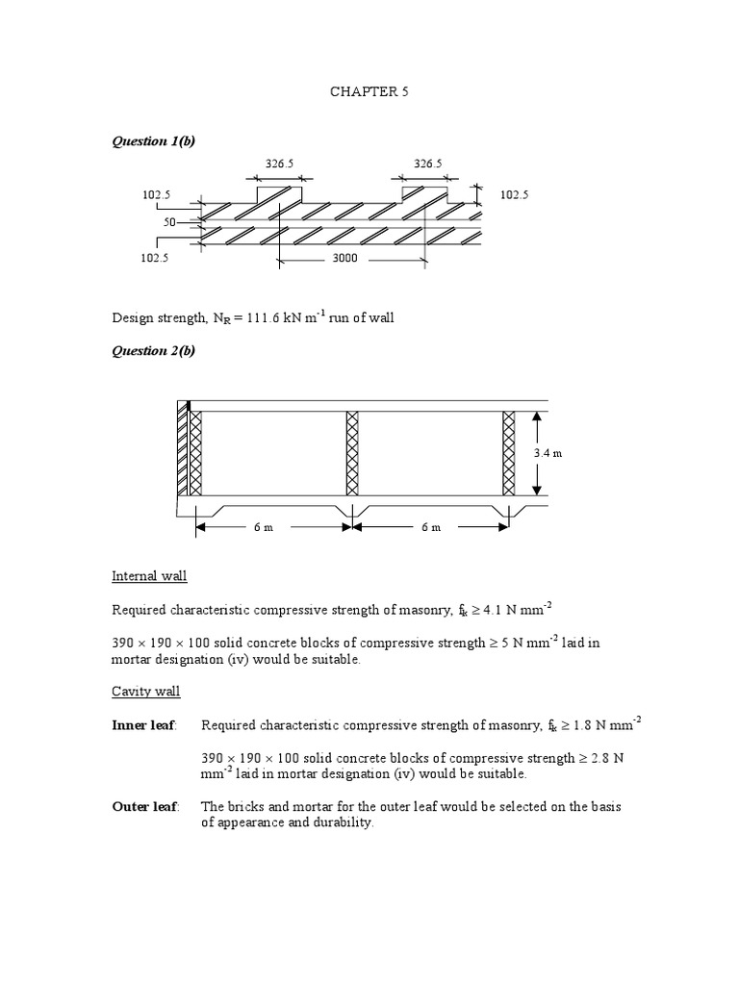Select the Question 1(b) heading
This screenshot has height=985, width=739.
[153, 141]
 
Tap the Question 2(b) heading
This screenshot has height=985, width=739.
[153, 350]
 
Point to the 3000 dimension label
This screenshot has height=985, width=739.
[344, 258]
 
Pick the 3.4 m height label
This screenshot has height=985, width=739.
[547, 453]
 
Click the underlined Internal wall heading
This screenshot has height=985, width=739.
[149, 575]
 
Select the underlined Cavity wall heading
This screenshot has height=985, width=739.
[146, 691]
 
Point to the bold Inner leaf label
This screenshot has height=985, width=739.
[144, 724]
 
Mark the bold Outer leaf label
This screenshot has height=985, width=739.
[145, 806]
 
